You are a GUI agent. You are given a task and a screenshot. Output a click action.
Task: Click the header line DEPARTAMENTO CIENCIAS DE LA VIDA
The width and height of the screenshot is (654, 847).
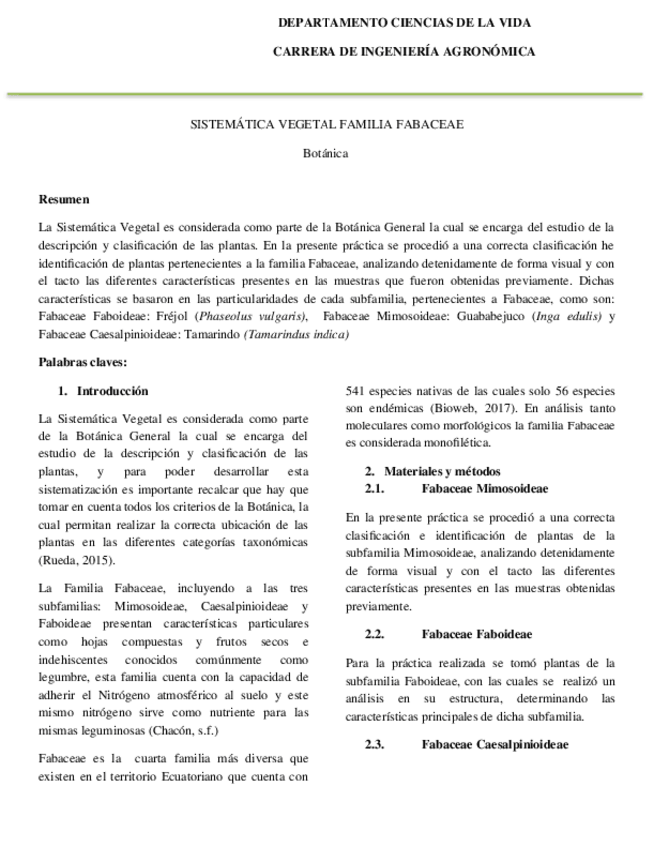[403, 22]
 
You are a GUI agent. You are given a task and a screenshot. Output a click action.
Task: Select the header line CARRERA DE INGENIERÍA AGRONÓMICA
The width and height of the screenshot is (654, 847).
[403, 51]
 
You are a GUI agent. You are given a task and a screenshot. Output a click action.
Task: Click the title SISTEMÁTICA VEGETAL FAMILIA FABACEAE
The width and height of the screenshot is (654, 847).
[327, 124]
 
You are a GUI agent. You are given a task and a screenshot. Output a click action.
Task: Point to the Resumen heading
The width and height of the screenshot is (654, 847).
[63, 199]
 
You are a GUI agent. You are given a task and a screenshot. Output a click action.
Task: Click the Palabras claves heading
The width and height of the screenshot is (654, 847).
[83, 361]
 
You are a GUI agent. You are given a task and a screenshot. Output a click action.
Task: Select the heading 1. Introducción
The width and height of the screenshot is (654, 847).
[103, 391]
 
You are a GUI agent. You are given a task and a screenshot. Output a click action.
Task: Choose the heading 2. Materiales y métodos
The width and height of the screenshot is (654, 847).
[432, 470]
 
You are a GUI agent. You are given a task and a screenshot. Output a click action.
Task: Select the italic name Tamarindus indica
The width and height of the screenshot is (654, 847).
[297, 334]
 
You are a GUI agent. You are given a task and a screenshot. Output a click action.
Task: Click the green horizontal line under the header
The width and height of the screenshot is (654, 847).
[327, 93]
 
